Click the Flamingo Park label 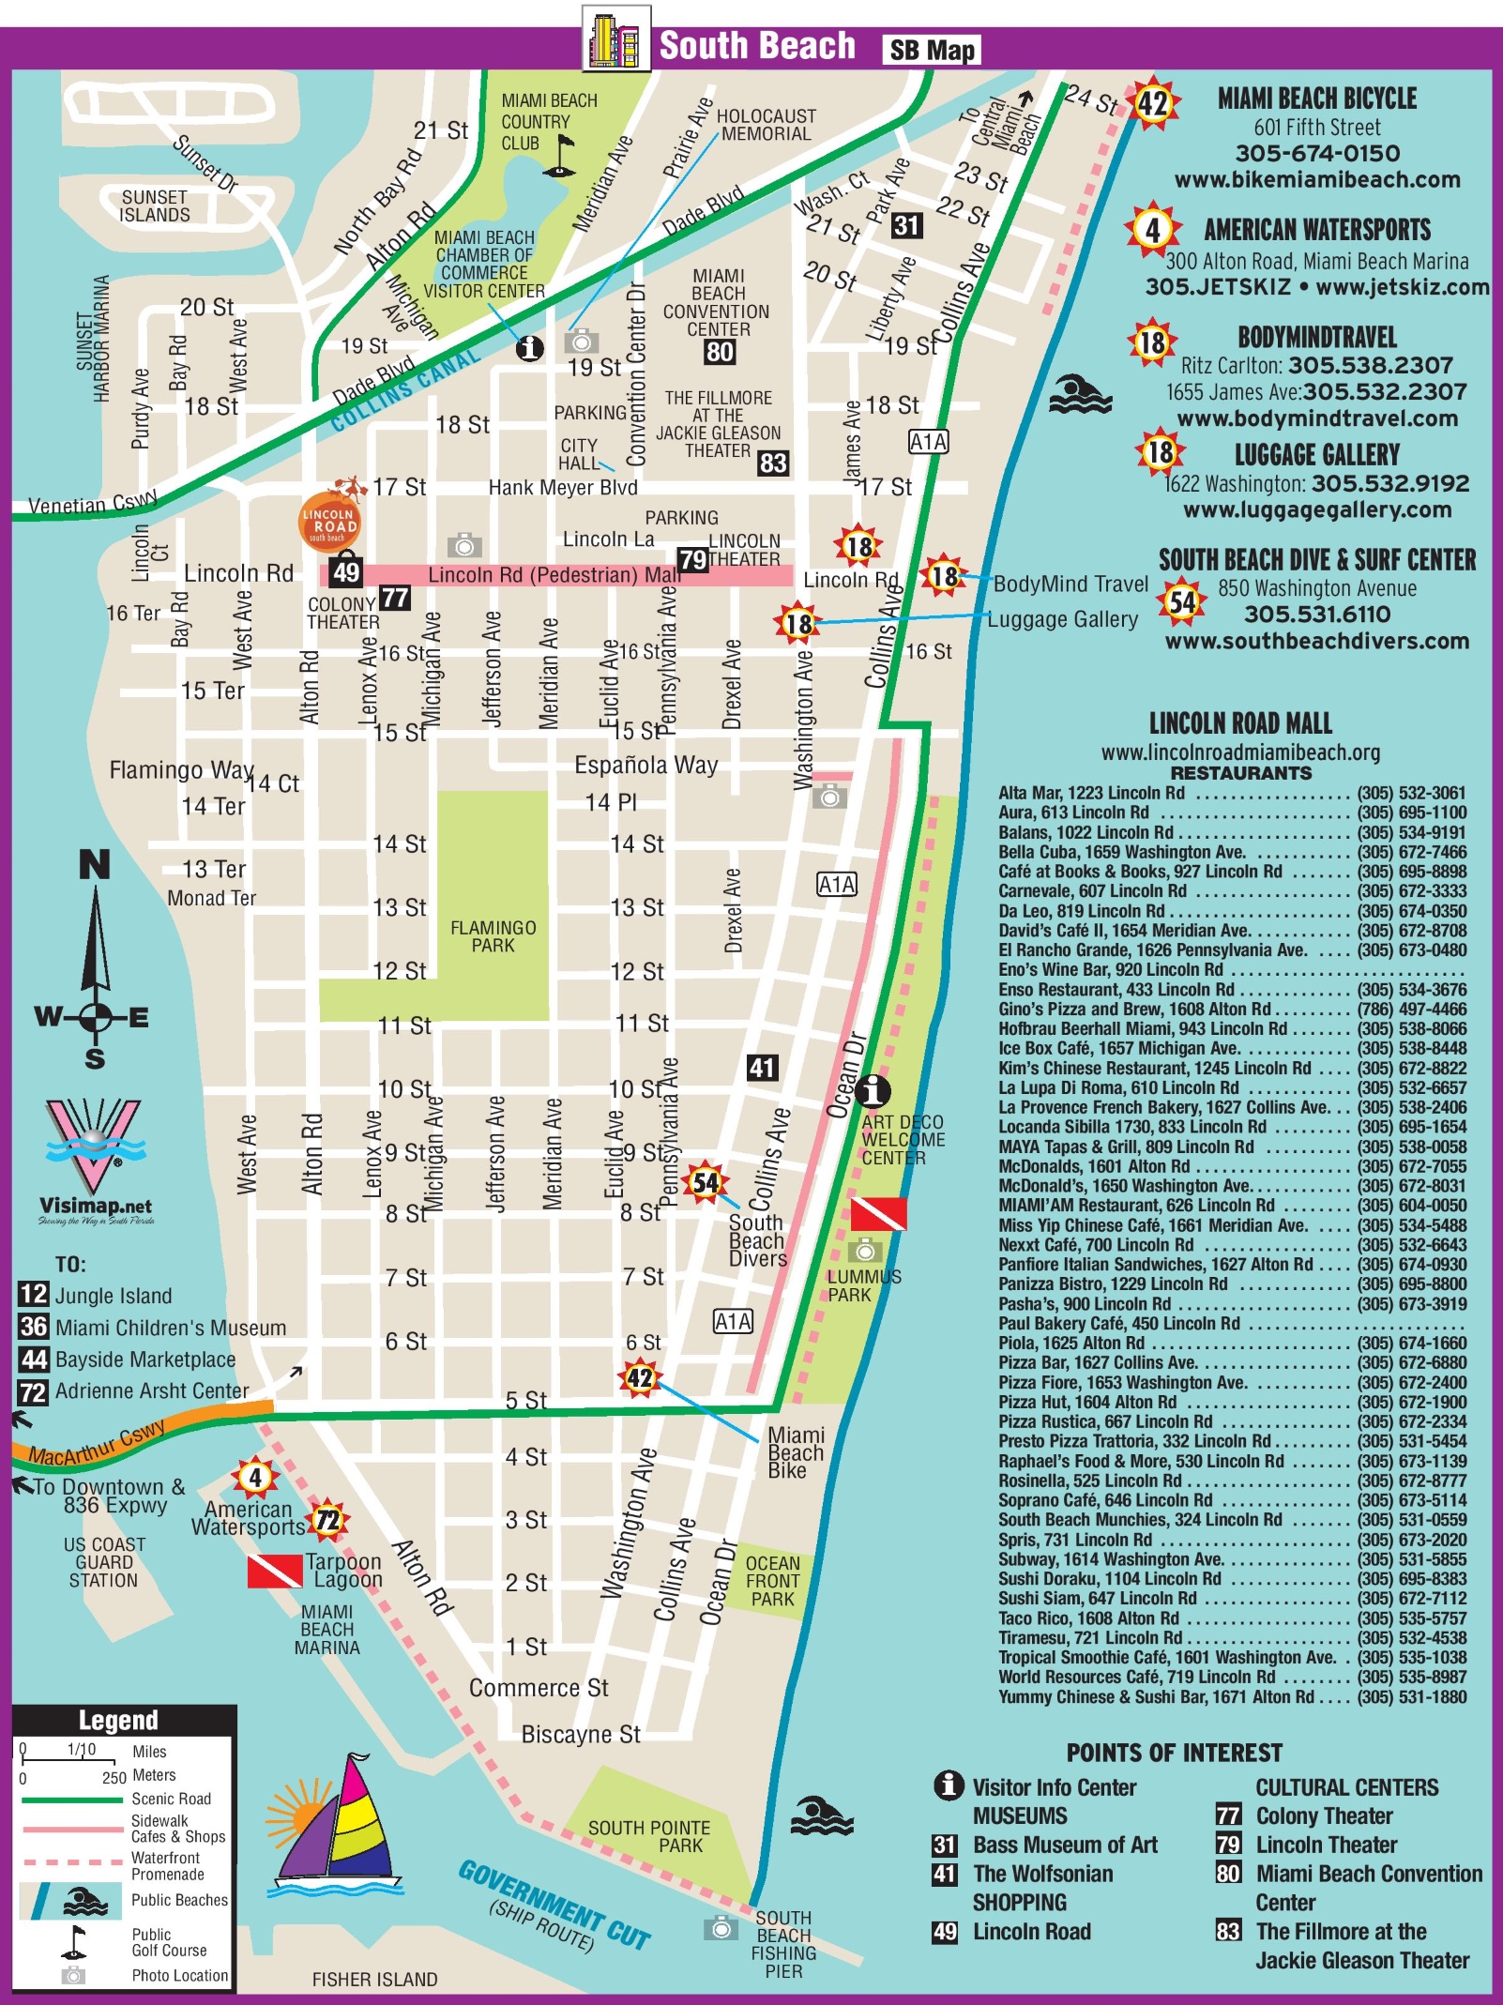pos(493,936)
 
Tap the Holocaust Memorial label pos(766,125)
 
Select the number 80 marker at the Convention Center pos(720,352)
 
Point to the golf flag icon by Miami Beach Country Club pos(561,156)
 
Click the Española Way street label pos(645,765)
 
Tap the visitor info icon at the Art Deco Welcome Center pos(874,1090)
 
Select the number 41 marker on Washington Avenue pos(762,1067)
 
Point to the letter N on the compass pos(94,865)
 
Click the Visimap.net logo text pos(96,1206)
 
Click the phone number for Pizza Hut pos(1411,1402)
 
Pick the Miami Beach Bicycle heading pos(1316,99)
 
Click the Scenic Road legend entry pos(171,1799)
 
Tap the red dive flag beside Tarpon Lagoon pos(274,1571)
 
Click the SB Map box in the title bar pos(931,50)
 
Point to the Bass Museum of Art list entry pos(1065,1845)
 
